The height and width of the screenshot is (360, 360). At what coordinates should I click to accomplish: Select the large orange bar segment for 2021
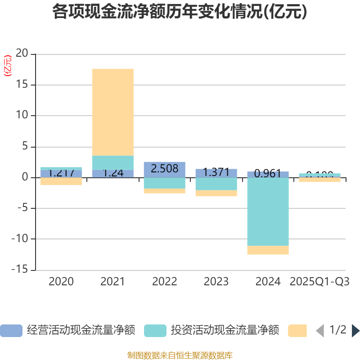[112, 112]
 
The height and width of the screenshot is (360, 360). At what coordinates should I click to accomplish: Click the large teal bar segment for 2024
[268, 211]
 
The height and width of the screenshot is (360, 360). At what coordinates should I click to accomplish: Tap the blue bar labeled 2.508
[164, 169]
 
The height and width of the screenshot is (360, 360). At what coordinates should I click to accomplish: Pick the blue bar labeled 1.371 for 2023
[216, 173]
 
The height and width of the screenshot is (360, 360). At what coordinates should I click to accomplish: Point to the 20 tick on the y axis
[22, 54]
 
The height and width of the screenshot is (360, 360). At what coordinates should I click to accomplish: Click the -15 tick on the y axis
[20, 270]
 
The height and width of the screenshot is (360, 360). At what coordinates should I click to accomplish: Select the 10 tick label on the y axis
[22, 116]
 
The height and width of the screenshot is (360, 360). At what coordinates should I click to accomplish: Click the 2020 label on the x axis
[61, 282]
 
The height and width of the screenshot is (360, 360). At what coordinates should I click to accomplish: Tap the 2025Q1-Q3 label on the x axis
[319, 282]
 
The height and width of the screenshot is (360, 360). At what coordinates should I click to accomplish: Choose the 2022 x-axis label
[164, 282]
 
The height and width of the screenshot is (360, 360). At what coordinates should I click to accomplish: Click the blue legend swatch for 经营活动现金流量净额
[11, 331]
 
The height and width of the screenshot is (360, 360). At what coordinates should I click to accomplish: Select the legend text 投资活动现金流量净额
[225, 331]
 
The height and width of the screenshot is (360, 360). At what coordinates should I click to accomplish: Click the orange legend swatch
[297, 331]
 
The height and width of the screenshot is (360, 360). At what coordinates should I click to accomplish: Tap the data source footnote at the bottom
[180, 355]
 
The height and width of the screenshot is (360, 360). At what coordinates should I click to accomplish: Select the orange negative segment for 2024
[268, 250]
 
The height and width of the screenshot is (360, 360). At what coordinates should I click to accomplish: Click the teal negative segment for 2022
[164, 183]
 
